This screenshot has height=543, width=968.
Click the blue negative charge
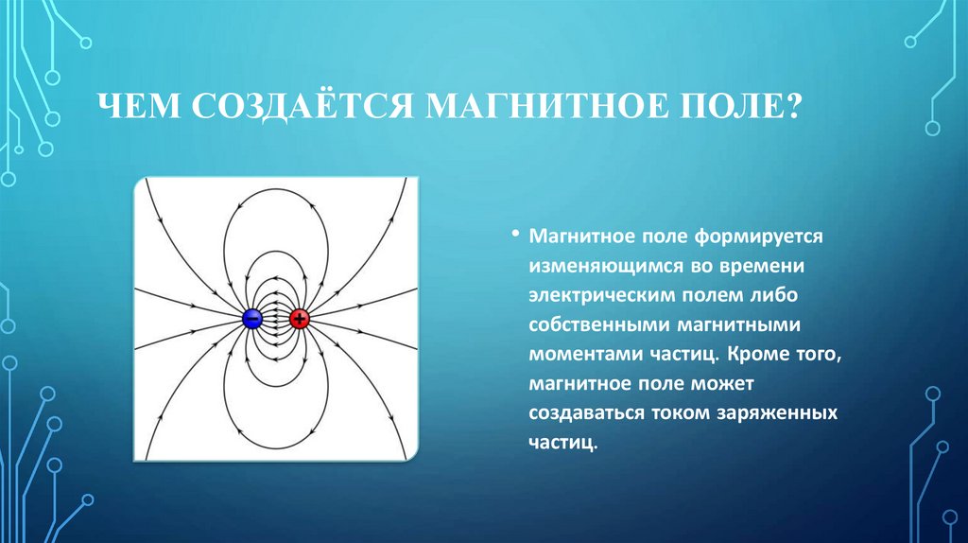[251, 319]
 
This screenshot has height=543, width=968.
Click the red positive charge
[300, 319]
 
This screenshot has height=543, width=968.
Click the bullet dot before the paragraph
[513, 235]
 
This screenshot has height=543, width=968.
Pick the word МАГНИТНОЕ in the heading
[546, 106]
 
